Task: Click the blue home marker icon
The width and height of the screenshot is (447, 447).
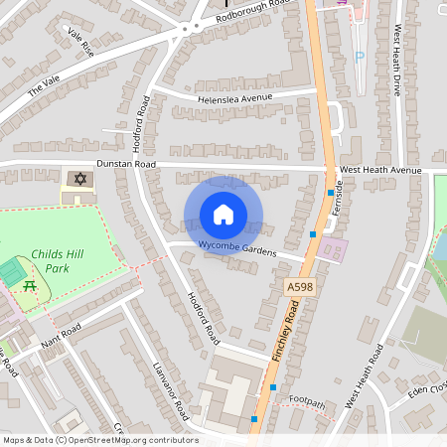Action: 223,215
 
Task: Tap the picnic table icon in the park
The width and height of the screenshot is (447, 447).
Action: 30,286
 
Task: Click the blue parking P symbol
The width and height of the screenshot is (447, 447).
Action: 359,58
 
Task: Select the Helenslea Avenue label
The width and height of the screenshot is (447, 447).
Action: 235,98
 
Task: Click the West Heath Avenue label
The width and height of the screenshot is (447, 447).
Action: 380,170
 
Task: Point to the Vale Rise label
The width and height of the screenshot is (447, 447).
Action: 78,40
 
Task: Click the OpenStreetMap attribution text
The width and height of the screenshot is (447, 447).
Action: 99,440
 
